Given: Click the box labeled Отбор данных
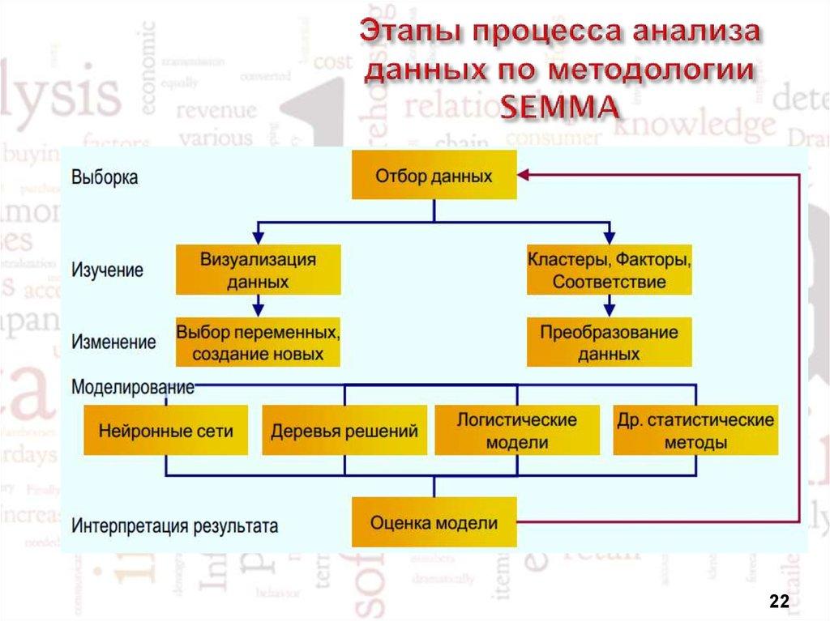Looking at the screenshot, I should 433,175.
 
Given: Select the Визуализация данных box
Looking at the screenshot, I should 258,270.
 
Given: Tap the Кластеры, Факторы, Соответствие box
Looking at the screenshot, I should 609,270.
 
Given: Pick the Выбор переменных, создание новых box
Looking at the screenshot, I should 258,342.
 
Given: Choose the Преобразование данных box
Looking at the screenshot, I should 609,342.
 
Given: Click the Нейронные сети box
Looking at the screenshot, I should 165,430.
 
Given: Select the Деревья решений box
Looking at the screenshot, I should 344,430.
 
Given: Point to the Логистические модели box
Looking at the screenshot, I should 516,430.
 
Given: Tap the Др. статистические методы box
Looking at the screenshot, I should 695,430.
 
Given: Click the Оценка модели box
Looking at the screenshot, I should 433,523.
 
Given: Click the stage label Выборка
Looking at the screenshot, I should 105,177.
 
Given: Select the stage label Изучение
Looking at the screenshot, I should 108,269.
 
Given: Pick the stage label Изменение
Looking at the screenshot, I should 113,342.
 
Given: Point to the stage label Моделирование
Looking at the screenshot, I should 133,386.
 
